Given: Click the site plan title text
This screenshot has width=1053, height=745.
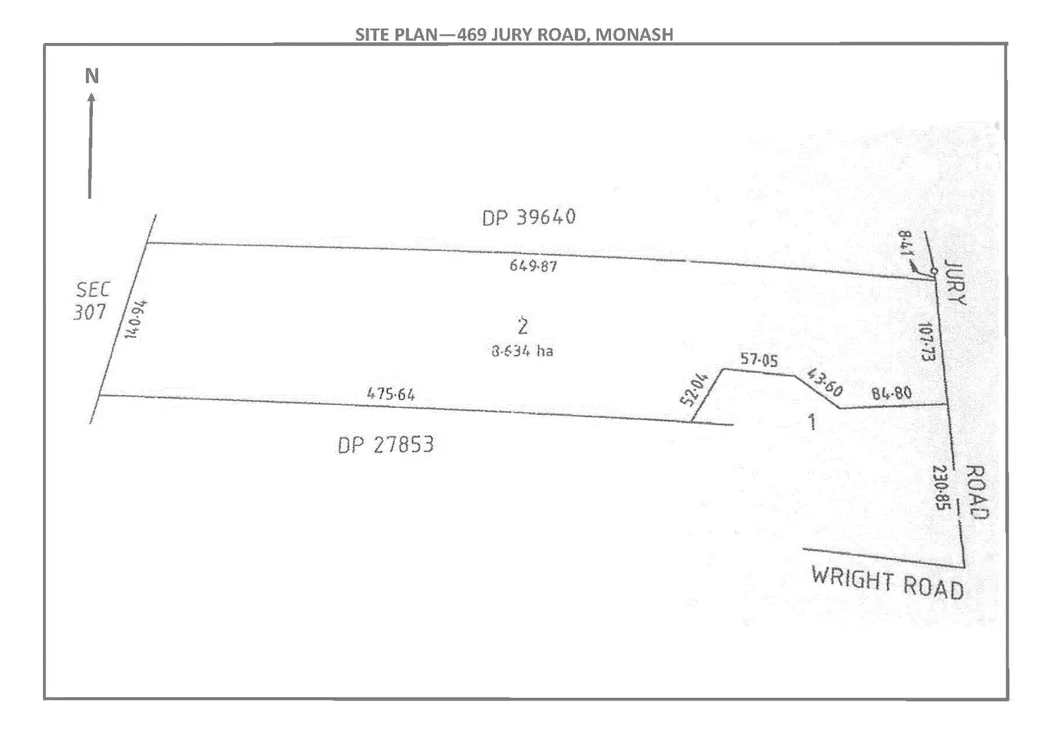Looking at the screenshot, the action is click(x=514, y=34).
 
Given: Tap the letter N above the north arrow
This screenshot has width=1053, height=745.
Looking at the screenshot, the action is click(x=92, y=76).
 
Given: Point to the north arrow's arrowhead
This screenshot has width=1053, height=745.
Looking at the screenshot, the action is click(x=91, y=97).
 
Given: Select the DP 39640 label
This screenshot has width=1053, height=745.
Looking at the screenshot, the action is click(x=529, y=217).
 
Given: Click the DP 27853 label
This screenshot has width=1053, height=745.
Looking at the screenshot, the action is click(x=386, y=445).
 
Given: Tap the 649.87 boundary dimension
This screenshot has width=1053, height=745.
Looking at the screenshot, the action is click(x=533, y=266).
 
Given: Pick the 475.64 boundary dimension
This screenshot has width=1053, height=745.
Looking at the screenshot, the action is click(x=391, y=394).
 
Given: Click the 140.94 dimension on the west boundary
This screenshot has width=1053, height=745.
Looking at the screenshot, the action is click(x=136, y=319).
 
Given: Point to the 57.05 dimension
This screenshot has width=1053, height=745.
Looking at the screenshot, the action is click(x=759, y=360).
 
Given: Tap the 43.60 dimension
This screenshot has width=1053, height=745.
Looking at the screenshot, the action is click(x=824, y=383).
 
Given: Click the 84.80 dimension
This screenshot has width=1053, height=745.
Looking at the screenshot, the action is click(x=891, y=394).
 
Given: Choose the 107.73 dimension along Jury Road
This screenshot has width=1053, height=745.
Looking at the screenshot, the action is click(x=927, y=341).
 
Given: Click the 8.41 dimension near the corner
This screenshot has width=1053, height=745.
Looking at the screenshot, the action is click(x=904, y=247).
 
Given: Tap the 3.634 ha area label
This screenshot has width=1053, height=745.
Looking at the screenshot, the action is click(x=522, y=351).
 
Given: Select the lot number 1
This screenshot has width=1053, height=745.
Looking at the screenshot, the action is click(x=811, y=422).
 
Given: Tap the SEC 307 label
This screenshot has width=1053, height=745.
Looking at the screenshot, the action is click(x=92, y=301).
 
